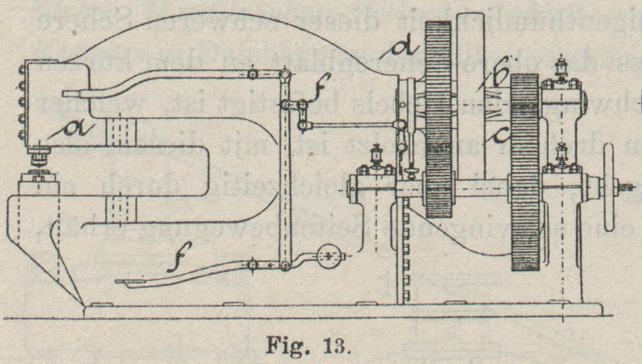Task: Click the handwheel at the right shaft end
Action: (x=609, y=187)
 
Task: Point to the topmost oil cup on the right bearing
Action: (x=563, y=66)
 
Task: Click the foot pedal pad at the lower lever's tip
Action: (x=130, y=283)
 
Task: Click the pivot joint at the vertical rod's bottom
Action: (x=285, y=266)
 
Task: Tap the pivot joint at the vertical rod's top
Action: (x=285, y=75)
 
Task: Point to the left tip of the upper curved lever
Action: (x=66, y=94)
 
